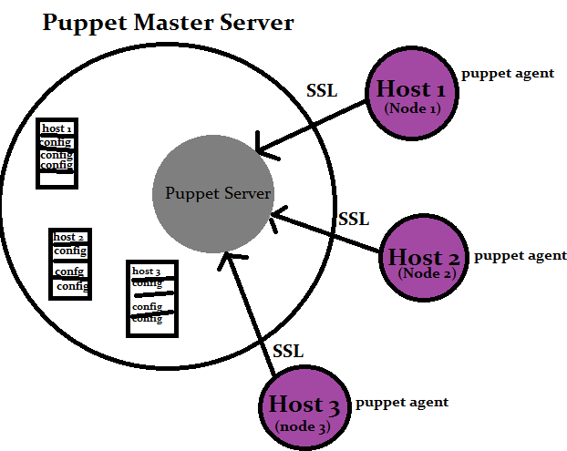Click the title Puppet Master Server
(x=169, y=22)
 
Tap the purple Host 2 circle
(x=423, y=258)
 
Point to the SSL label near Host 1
(x=322, y=92)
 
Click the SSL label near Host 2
(x=354, y=219)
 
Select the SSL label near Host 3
(x=288, y=351)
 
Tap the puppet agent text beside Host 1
(x=508, y=73)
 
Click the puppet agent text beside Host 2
(x=521, y=256)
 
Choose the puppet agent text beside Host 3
(x=402, y=402)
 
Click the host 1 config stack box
(x=56, y=153)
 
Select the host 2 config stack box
(x=70, y=262)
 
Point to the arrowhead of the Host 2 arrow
(x=275, y=216)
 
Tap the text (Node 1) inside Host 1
(x=411, y=108)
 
